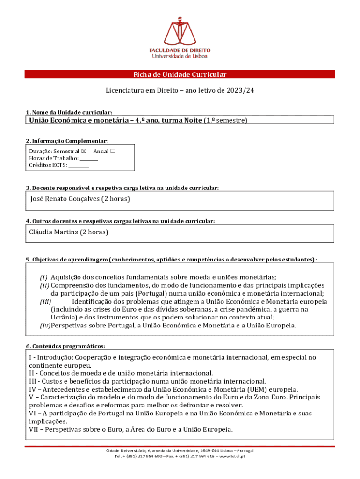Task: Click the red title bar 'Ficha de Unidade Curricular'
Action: tap(180, 74)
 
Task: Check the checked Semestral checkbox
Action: tap(84, 152)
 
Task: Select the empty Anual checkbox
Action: tap(113, 152)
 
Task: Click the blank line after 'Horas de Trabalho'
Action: tap(89, 159)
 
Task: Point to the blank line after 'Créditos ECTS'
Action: tap(79, 165)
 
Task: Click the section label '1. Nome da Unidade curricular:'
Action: tap(69, 113)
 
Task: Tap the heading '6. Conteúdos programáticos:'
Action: tap(65, 346)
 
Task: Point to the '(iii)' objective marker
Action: tap(45, 302)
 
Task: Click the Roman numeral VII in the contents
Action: tap(35, 429)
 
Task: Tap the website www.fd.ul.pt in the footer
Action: tap(232, 457)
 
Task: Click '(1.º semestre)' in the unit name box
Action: tap(225, 121)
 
